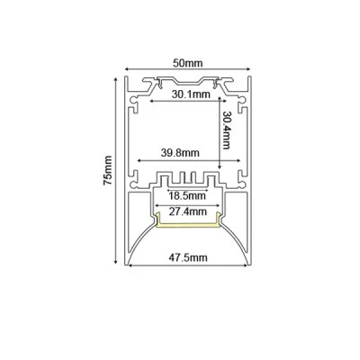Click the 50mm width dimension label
(188, 63)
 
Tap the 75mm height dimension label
(108, 170)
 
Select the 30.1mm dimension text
(191, 94)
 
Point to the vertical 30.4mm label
(226, 130)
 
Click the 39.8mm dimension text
(180, 153)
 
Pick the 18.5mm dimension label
(187, 196)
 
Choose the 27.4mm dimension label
(188, 211)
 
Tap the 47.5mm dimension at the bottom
(188, 257)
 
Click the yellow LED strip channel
(188, 224)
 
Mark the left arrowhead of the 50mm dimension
(127, 69)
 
